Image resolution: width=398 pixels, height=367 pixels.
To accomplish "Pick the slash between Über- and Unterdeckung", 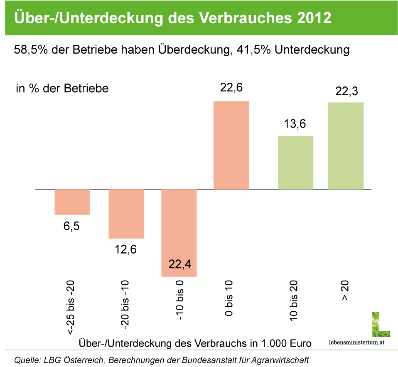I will coord(53,19).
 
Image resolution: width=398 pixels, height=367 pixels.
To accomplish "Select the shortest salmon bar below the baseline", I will coord(72,202).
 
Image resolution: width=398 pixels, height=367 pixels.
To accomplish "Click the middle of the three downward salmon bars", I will coord(126,214).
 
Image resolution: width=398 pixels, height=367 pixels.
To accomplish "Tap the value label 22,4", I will coord(180,264).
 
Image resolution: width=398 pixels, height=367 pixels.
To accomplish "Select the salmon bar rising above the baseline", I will coord(231,145).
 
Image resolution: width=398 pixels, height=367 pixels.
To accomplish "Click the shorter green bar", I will coord(295,163).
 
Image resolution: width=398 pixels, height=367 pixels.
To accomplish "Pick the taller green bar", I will coord(346,146).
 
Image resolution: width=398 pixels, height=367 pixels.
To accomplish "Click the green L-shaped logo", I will coord(380,325).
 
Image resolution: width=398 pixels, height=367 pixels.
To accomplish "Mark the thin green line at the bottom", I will coord(199,350).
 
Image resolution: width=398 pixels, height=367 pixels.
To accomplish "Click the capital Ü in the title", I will coord(19,18).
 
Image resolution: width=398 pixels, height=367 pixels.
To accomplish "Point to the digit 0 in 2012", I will coord(310,19).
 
